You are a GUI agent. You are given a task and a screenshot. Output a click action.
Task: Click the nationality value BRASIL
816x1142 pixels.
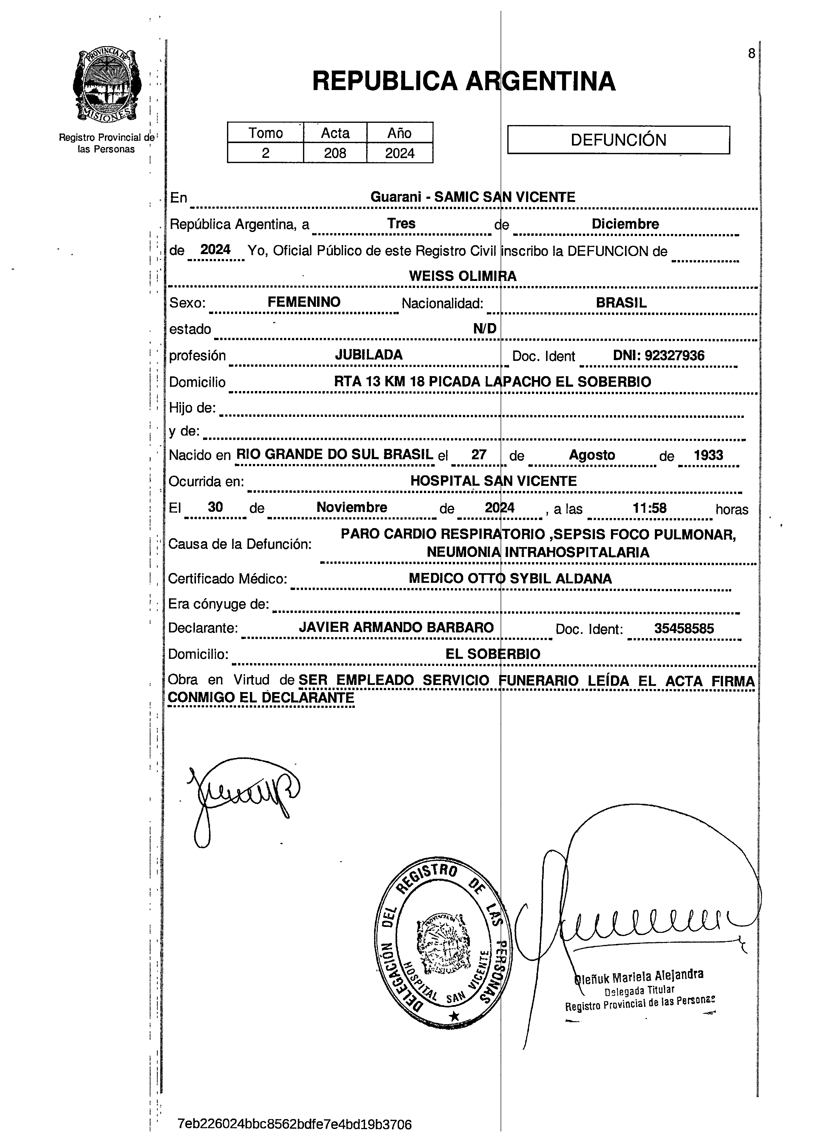pyautogui.click(x=621, y=303)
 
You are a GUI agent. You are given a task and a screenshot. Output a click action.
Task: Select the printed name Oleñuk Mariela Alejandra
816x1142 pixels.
pyautogui.click(x=638, y=976)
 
